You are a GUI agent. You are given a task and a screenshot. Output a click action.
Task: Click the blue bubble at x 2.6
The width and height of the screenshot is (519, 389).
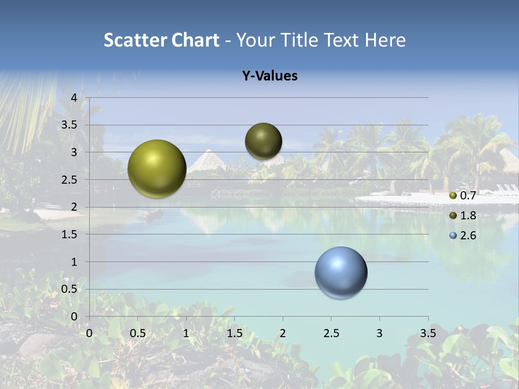[341, 272]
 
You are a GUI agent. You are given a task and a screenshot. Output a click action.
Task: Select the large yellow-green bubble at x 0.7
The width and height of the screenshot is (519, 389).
[157, 169]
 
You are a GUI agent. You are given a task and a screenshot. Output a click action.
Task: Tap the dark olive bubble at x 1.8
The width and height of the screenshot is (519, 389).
[263, 141]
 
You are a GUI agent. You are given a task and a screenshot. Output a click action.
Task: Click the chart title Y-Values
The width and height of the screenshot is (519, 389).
[270, 76]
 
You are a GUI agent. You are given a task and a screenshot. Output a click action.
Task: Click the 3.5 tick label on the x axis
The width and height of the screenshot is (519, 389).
[428, 333]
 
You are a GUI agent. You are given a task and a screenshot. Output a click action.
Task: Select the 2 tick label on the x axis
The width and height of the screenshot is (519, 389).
[283, 333]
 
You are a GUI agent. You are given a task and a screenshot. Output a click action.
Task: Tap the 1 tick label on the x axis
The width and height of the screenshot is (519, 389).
[186, 333]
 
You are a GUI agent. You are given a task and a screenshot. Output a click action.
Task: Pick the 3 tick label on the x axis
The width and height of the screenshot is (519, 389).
[380, 333]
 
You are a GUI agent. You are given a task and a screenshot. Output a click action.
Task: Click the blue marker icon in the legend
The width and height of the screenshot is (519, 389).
[453, 236]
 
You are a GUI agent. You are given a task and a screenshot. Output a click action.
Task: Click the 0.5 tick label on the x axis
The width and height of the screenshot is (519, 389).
[137, 333]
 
